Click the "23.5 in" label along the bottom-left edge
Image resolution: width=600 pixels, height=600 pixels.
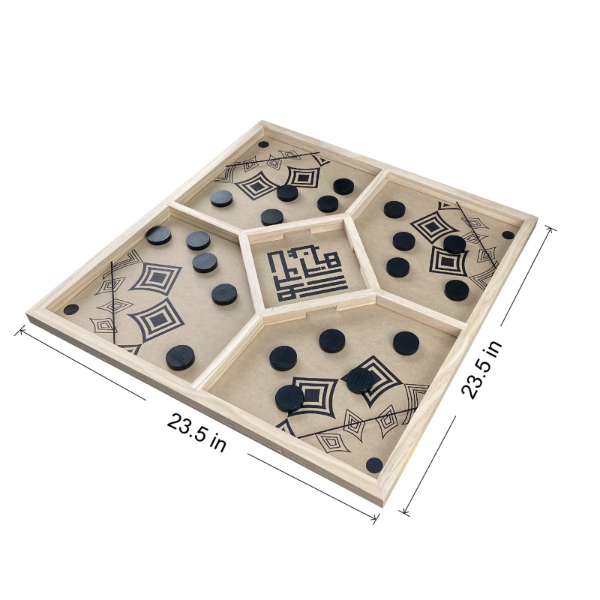click(196, 433)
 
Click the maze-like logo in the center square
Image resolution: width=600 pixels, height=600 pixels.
click(307, 274)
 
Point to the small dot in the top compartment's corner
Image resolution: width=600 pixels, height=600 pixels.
click(263, 144)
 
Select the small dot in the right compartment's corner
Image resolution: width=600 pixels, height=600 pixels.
click(508, 235)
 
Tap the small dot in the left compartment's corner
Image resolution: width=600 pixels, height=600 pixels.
click(71, 309)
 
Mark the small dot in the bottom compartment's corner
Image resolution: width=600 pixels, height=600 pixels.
click(374, 465)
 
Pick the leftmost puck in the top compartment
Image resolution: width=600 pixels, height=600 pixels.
click(221, 198)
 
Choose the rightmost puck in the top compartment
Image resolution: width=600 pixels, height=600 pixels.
click(343, 186)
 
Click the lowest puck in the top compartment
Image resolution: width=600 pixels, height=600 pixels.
click(272, 217)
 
